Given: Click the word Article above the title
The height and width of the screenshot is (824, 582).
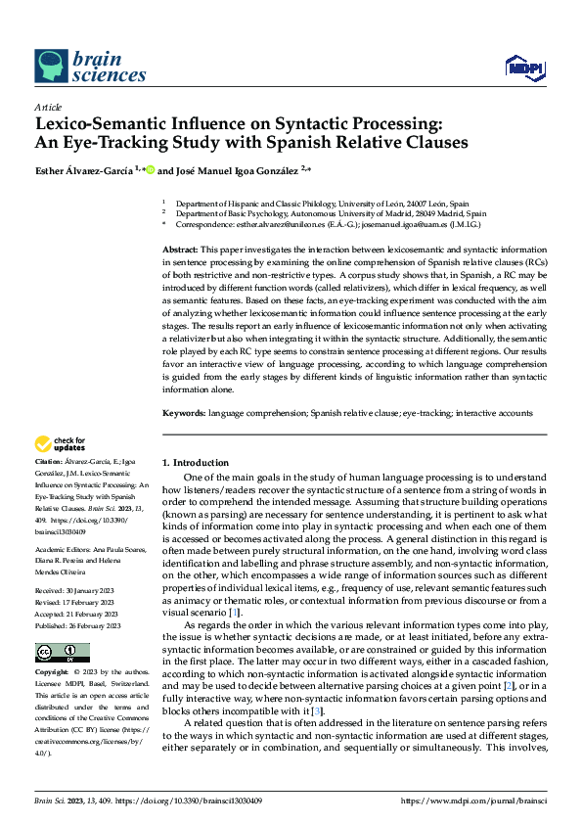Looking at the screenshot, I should [x=48, y=107].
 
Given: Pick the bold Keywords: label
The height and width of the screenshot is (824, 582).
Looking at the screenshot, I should [x=183, y=414].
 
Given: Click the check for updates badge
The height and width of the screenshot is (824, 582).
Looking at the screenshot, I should [x=61, y=444].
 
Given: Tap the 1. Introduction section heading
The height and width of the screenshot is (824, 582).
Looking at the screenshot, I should [x=196, y=462].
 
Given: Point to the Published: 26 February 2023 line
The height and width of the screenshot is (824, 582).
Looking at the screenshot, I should [x=78, y=598].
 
